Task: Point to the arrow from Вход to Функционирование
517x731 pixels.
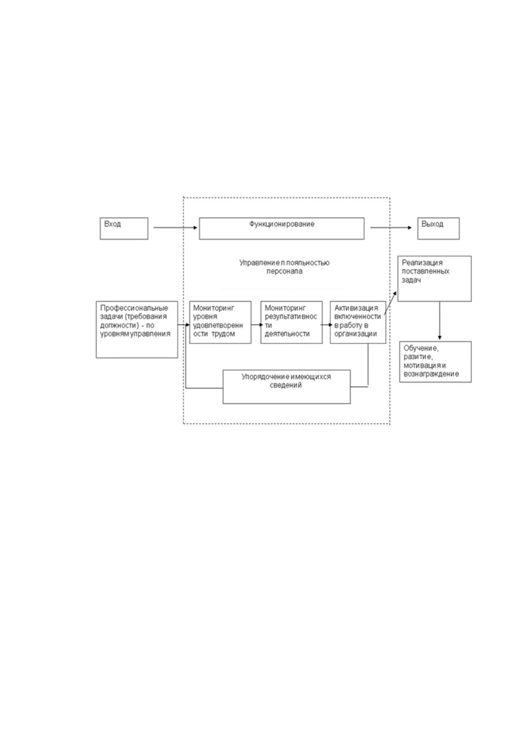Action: pos(176,228)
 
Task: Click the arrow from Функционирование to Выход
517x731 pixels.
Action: pos(391,228)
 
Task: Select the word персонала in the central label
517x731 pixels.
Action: pos(284,271)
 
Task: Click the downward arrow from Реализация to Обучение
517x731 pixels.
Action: pos(440,321)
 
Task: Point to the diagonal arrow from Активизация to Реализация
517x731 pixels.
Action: pos(390,303)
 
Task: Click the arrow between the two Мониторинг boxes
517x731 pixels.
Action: pos(257,325)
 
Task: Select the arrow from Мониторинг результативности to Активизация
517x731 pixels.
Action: pos(327,325)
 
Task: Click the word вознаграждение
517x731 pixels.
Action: pos(431,374)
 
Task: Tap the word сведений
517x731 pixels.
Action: pos(286,385)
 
